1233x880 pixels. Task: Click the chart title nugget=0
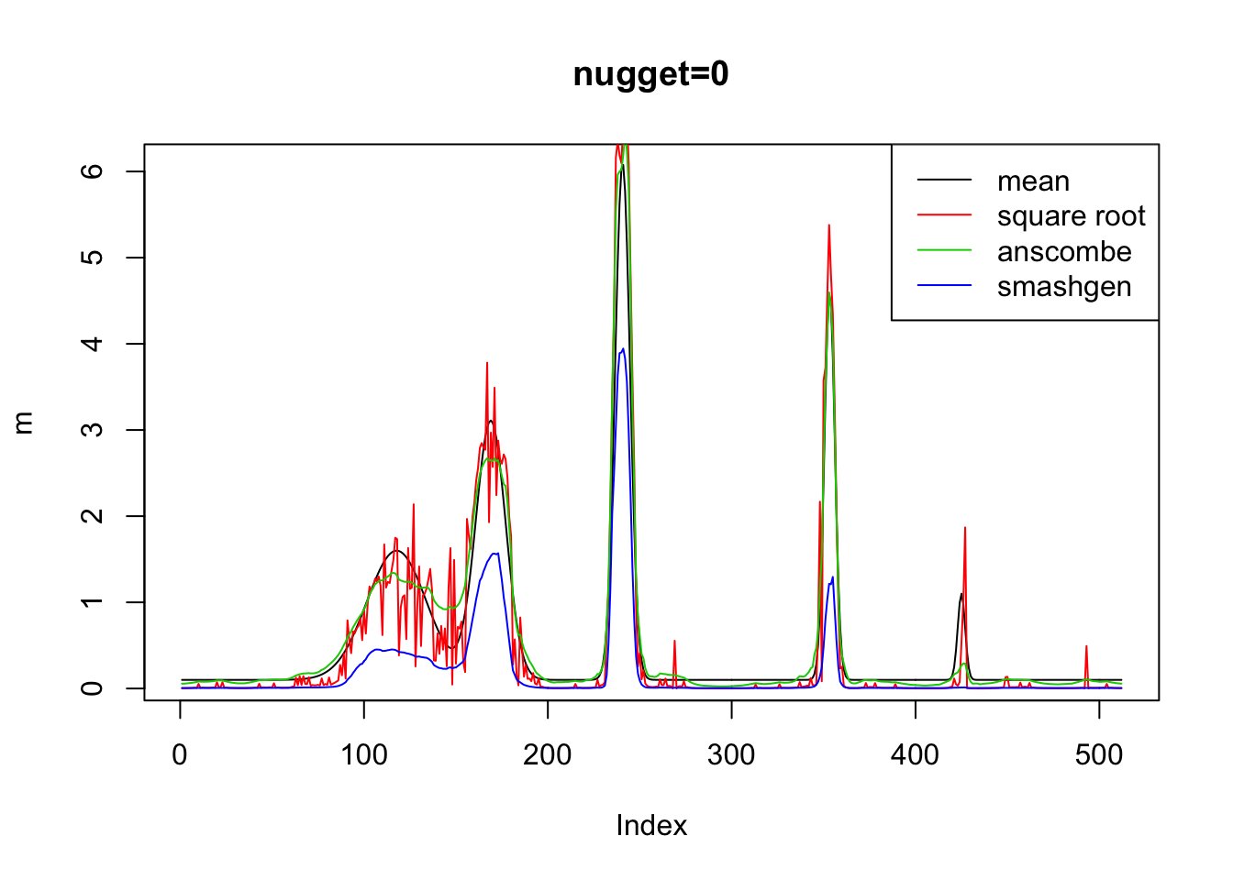pos(650,74)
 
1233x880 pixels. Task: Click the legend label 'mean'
pos(1033,181)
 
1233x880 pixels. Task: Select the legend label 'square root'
pos(1071,216)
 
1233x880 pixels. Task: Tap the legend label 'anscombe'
pos(1064,252)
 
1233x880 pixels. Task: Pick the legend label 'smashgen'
pos(1064,287)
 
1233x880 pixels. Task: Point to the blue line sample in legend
pos(944,287)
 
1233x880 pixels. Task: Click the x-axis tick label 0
pos(180,755)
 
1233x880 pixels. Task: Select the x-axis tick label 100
pos(364,755)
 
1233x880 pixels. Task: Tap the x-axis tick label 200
pos(548,755)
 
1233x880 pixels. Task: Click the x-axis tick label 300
pos(731,755)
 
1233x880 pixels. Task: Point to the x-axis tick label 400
pos(916,755)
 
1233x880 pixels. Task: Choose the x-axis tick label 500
pos(1099,755)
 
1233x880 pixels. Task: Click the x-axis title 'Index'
pos(651,826)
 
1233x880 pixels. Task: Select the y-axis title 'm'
pos(24,423)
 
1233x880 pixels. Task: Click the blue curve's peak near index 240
pos(623,348)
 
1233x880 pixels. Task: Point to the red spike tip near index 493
pos(1086,646)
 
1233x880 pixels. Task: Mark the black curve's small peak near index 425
pos(961,594)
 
